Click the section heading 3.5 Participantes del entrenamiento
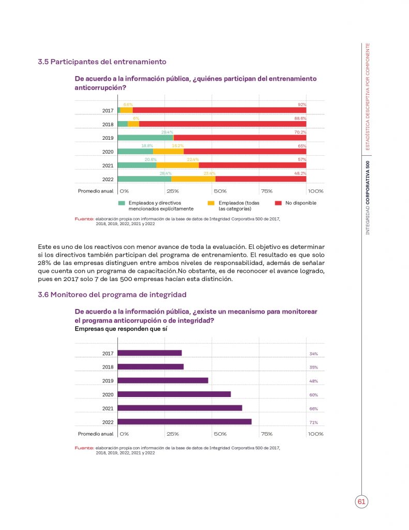pos(102,62)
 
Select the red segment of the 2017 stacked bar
pos(219,110)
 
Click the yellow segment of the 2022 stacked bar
pos(193,179)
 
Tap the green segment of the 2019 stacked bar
pos(145,138)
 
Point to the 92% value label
pos(302,105)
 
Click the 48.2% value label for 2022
pos(300,173)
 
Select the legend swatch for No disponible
pos(278,203)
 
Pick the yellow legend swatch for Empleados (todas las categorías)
pos(210,203)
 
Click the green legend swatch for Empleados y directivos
pos(122,203)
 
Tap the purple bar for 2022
pos(185,422)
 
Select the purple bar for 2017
pos(150,353)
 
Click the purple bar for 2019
pos(163,380)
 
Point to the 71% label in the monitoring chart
pos(313,423)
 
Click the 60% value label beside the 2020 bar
pos(313,395)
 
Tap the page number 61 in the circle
pos(361,502)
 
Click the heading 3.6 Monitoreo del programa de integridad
pos(112,295)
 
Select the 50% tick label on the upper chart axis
pos(220,190)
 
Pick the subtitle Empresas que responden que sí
pos(121,329)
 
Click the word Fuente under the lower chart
pos(84,447)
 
